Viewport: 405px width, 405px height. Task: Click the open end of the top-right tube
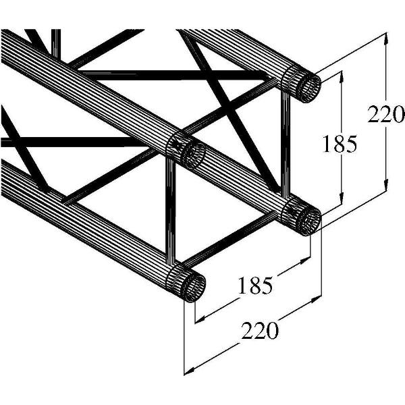(308, 86)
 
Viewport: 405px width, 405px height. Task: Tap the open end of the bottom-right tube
(308, 220)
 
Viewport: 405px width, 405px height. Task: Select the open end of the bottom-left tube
(193, 286)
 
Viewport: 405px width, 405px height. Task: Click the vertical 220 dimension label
(385, 114)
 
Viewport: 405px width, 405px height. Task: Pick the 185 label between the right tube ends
(338, 144)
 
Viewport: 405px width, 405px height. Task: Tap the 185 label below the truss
(256, 286)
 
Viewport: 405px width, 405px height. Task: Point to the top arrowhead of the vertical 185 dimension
(342, 74)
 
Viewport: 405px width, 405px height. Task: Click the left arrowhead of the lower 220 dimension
(189, 369)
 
